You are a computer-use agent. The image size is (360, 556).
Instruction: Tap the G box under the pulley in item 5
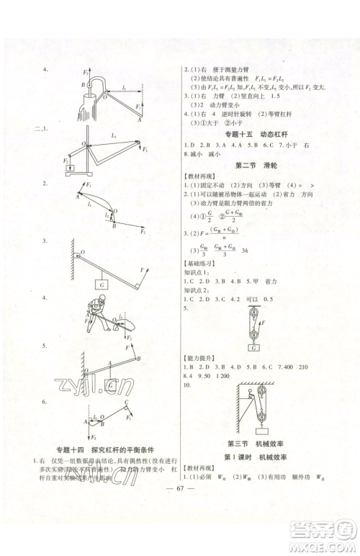point(253,348)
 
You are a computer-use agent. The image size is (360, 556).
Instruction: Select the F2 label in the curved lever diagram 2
point(143,233)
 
